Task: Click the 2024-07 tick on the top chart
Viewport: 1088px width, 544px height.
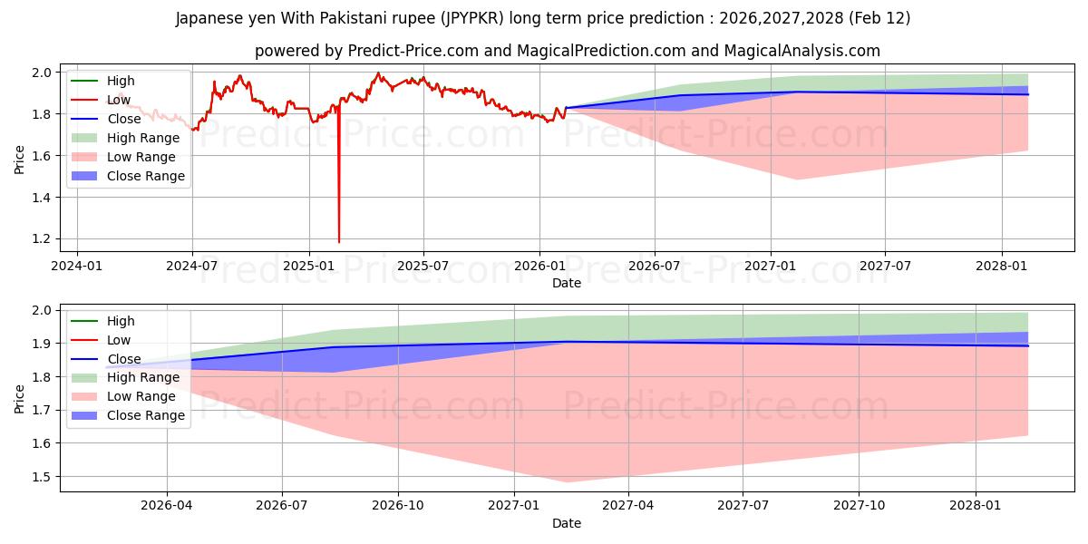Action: click(x=192, y=267)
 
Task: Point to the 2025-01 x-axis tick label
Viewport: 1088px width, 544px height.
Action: click(x=308, y=267)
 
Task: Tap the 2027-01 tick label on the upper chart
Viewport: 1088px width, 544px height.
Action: click(x=771, y=267)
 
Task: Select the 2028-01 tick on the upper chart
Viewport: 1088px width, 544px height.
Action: click(x=1002, y=267)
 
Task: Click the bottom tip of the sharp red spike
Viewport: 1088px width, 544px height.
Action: click(x=339, y=242)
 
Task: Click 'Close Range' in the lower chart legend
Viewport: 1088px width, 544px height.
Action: click(x=146, y=415)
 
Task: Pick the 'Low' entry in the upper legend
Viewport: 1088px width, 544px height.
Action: click(x=119, y=100)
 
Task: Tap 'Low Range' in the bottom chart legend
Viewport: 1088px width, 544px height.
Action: click(x=141, y=396)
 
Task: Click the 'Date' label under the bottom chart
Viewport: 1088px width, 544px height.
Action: click(x=567, y=524)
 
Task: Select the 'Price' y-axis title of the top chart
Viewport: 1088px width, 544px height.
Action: click(x=20, y=159)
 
